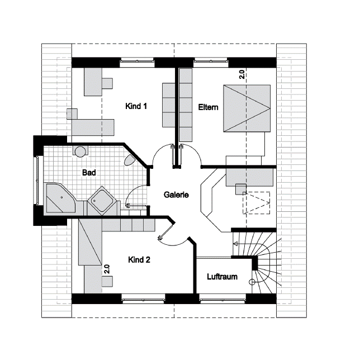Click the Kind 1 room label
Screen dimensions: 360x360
click(136, 106)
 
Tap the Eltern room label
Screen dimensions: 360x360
click(209, 107)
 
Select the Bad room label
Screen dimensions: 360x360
click(89, 173)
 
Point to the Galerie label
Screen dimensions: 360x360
click(176, 195)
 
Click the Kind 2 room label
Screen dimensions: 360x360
click(139, 260)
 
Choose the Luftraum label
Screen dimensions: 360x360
click(222, 277)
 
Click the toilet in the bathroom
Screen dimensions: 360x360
click(129, 160)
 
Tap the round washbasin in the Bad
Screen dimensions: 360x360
click(80, 151)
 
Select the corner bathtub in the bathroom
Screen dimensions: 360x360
click(61, 198)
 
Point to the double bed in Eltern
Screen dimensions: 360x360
click(247, 108)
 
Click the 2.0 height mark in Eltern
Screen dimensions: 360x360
click(242, 74)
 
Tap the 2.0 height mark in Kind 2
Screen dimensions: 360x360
click(107, 269)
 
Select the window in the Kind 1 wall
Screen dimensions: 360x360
click(137, 61)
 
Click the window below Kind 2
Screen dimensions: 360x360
click(143, 300)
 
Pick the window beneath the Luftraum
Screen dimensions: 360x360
click(222, 300)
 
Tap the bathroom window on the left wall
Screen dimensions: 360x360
click(36, 180)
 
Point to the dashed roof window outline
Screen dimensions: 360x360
click(256, 203)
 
